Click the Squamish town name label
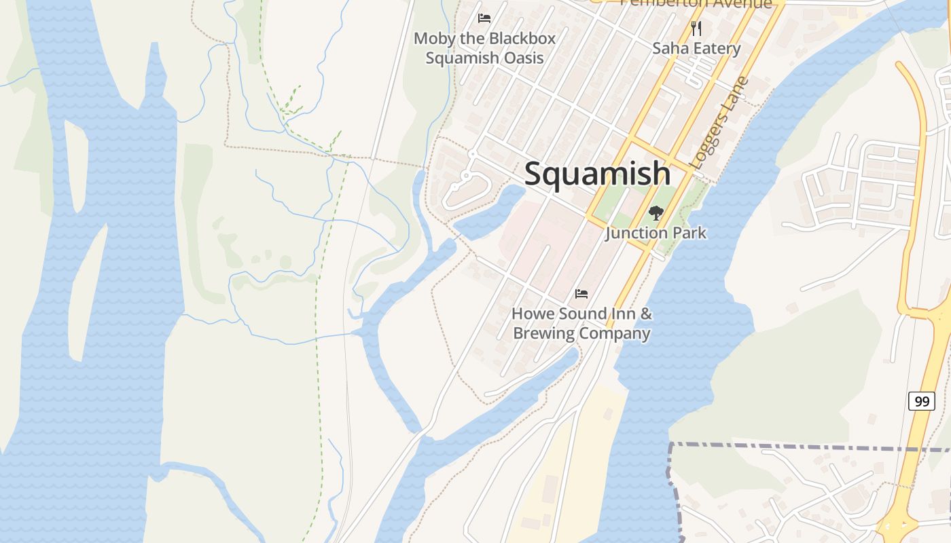pyautogui.click(x=597, y=174)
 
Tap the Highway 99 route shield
pyautogui.click(x=921, y=401)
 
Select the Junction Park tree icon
pyautogui.click(x=656, y=213)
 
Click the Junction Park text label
pyautogui.click(x=656, y=233)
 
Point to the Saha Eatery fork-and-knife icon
pyautogui.click(x=696, y=29)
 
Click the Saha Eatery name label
pyautogui.click(x=696, y=48)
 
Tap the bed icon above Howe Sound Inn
pyautogui.click(x=581, y=294)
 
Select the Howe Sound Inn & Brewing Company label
pyautogui.click(x=581, y=324)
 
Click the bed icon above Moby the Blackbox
pyautogui.click(x=484, y=18)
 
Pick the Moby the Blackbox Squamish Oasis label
pyautogui.click(x=484, y=48)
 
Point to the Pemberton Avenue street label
pyautogui.click(x=696, y=3)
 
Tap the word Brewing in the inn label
pyautogui.click(x=542, y=334)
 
